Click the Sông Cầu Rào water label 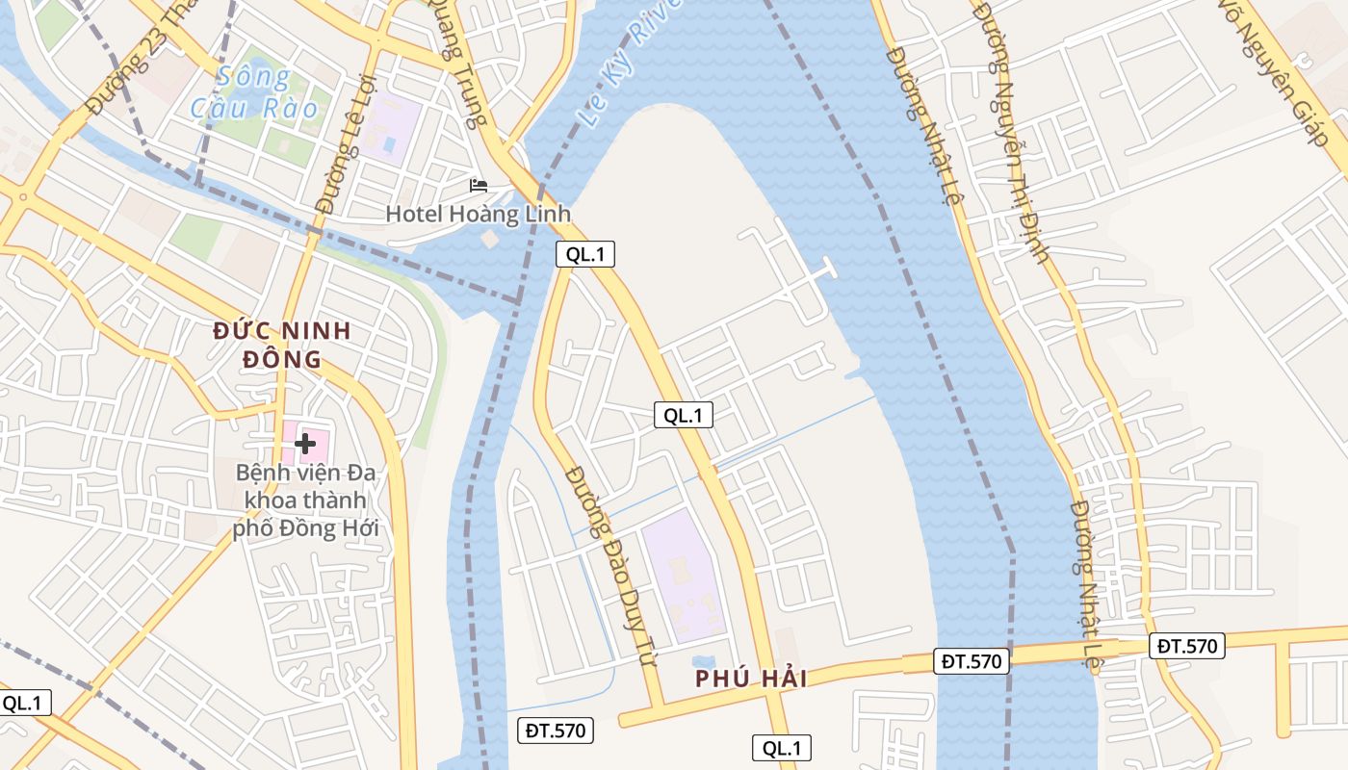[253, 92]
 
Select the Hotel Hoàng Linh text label [479, 214]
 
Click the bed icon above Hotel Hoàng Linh [479, 185]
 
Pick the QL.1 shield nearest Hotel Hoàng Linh [584, 254]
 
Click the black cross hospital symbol [305, 444]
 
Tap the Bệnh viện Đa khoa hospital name [306, 500]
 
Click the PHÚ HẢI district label [752, 679]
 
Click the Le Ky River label [631, 63]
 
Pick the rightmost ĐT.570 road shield [1186, 646]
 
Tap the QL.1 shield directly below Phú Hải [782, 748]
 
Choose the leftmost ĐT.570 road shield [556, 731]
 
